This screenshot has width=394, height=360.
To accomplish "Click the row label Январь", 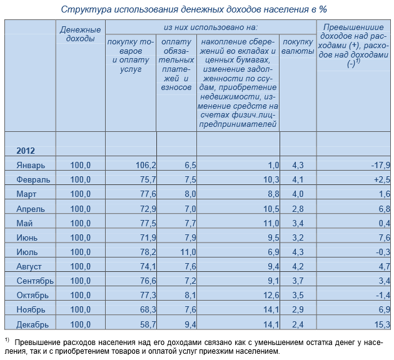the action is (x=31, y=165).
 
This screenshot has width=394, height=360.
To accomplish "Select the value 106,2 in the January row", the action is (x=146, y=165).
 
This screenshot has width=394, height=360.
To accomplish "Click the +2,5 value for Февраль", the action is (x=382, y=180).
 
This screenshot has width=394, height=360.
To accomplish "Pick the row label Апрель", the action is (x=31, y=209).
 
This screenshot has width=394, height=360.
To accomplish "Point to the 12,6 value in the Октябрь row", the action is (x=271, y=295).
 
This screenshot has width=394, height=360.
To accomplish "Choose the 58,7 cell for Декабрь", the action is (x=148, y=324).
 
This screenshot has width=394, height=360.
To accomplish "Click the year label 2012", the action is (x=26, y=151).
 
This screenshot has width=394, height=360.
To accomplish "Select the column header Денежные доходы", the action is (x=81, y=34).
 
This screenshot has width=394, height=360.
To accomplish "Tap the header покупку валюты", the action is (x=298, y=46).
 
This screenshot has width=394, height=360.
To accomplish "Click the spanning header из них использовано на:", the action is (x=211, y=27).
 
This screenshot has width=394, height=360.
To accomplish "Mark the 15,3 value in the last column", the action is (x=382, y=324).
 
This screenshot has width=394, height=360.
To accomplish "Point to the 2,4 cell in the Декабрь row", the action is (x=298, y=324).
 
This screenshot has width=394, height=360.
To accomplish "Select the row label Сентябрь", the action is (x=35, y=281).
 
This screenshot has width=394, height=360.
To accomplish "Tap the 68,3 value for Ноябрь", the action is (x=148, y=310).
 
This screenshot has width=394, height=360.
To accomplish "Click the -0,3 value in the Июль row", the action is (x=383, y=252).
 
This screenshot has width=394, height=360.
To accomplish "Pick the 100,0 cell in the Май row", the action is (x=81, y=223).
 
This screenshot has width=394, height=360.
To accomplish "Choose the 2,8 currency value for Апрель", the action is (x=298, y=209).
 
